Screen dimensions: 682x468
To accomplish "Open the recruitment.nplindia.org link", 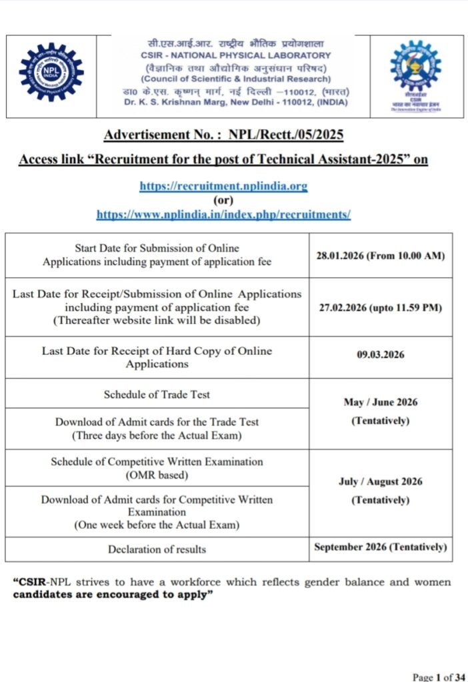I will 223,186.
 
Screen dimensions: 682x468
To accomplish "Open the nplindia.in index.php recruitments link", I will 223,214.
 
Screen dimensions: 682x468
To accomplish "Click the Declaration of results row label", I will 157,549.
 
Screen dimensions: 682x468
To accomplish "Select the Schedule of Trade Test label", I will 157,394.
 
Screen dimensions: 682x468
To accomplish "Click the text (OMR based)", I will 157,475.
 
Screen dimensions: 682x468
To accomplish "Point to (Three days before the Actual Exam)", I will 157,435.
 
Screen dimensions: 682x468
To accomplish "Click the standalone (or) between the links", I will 223,200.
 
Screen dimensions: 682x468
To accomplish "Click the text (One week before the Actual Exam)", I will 157,525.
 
